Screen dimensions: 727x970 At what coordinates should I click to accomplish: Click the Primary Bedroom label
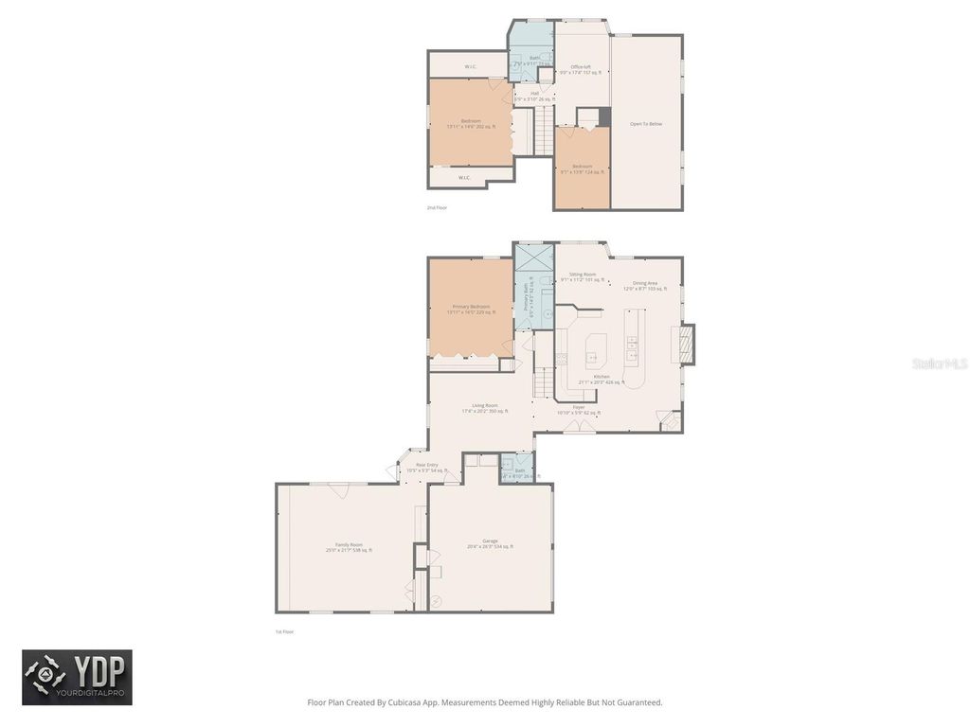pyautogui.click(x=471, y=308)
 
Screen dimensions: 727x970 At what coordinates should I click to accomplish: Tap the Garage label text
pyautogui.click(x=490, y=541)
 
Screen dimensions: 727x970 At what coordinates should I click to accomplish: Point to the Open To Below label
pyautogui.click(x=646, y=124)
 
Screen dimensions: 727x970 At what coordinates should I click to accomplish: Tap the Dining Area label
pyautogui.click(x=646, y=283)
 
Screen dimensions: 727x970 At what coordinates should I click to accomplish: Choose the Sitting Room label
pyautogui.click(x=583, y=275)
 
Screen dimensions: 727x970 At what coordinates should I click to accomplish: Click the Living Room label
pyautogui.click(x=485, y=406)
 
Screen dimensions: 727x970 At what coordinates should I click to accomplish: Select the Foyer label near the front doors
pyautogui.click(x=578, y=408)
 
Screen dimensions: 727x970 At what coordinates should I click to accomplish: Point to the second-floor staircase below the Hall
pyautogui.click(x=541, y=131)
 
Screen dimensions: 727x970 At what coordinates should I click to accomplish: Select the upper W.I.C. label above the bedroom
pyautogui.click(x=471, y=66)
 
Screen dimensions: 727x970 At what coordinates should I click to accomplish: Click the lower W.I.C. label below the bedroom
pyautogui.click(x=465, y=177)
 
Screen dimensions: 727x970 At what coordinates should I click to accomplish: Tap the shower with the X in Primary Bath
pyautogui.click(x=533, y=257)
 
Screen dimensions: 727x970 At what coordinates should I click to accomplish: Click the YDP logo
pyautogui.click(x=77, y=677)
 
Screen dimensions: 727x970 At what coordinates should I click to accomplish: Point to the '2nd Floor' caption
pyautogui.click(x=437, y=206)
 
